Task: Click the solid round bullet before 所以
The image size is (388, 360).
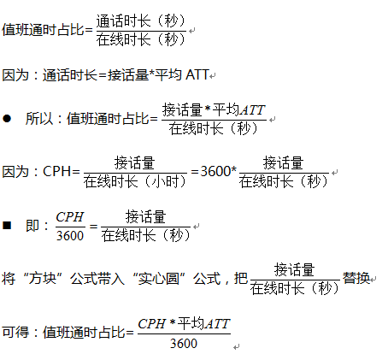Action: point(7,118)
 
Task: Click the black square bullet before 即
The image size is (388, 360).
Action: point(7,226)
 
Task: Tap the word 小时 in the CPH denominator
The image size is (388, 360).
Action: point(165,181)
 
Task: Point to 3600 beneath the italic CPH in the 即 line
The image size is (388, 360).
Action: point(70,235)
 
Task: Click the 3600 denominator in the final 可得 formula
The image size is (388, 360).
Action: point(184,343)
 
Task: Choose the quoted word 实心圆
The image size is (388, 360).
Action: point(159,278)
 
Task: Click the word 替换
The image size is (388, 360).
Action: point(356,278)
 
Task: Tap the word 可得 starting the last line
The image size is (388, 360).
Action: point(15,332)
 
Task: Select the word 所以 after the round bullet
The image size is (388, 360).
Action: point(39,118)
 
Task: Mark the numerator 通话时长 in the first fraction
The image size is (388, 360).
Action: point(123,21)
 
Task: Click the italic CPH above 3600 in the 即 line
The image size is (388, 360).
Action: point(70,217)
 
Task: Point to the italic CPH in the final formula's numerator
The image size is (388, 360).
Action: point(152,324)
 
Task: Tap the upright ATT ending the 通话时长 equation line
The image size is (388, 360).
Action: point(197,75)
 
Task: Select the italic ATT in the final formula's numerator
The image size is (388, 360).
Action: point(217,324)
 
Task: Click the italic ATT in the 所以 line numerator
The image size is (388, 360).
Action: point(252,110)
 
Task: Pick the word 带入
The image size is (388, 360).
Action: point(111,278)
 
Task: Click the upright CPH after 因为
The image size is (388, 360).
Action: point(56,171)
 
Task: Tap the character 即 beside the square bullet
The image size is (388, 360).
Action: point(32,226)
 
